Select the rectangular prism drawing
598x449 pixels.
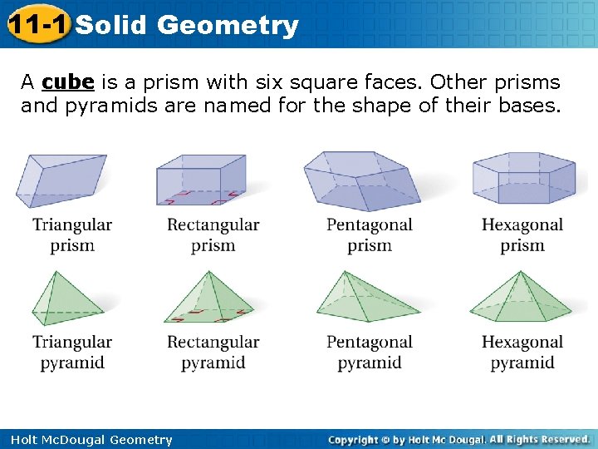(201, 180)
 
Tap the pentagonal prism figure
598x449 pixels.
(361, 180)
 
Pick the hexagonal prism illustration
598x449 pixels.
(523, 178)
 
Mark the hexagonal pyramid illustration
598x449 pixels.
(521, 298)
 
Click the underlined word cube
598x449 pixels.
(67, 82)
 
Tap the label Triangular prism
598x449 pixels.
(72, 234)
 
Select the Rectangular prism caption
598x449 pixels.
(213, 234)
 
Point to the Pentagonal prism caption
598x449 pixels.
(369, 234)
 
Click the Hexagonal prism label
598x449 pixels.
(522, 234)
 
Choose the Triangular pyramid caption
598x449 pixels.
(72, 352)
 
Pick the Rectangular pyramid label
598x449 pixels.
(213, 352)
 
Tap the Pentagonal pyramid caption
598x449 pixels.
(369, 352)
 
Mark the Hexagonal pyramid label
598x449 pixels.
(522, 352)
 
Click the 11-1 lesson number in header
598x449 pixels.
(36, 25)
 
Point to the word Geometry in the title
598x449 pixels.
(227, 26)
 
